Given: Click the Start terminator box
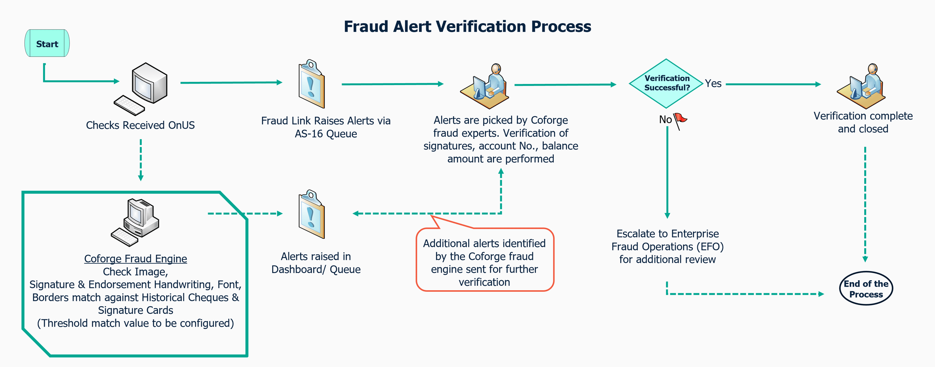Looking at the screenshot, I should pos(47,43).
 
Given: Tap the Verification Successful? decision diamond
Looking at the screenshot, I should pos(666,83).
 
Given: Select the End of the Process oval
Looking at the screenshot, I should pos(865,289).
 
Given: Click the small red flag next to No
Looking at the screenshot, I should pos(680,120).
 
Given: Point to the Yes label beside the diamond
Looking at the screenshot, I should pos(713,84).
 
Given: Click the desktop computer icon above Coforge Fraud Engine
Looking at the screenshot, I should pos(136,222).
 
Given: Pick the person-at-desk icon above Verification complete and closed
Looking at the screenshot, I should pos(862,87).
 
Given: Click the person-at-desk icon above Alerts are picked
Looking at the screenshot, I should pos(485,87).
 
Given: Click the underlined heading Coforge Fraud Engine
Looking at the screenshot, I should pos(135,259).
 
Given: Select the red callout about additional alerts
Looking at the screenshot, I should pos(485,260).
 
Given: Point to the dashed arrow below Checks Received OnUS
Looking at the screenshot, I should pos(141,160).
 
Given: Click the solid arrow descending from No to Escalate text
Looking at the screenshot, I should pos(667,172).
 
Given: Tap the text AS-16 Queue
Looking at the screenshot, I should pos(326,134).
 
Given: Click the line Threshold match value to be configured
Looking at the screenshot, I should pos(135,323).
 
